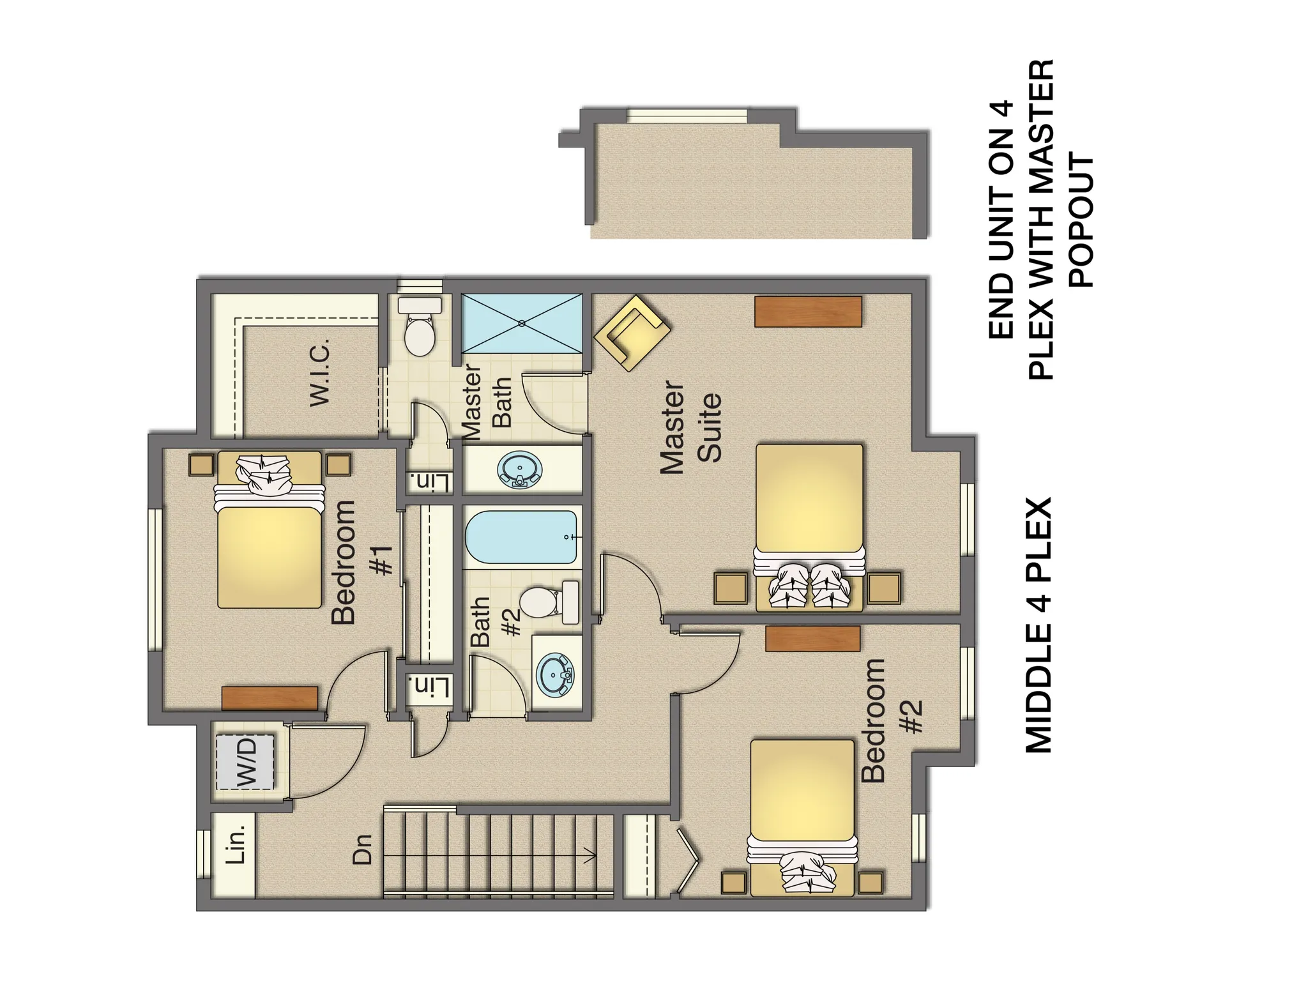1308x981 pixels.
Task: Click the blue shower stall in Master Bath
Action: (x=522, y=323)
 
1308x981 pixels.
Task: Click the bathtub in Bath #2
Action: (x=522, y=537)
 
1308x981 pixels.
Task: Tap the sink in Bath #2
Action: (x=555, y=674)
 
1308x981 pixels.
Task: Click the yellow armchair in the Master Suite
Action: (x=632, y=333)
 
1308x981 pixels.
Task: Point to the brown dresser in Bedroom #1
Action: (x=270, y=697)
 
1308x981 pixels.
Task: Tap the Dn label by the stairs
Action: (x=362, y=850)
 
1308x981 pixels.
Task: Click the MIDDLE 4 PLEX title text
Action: (x=1038, y=625)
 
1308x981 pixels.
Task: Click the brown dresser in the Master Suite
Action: (x=808, y=312)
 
